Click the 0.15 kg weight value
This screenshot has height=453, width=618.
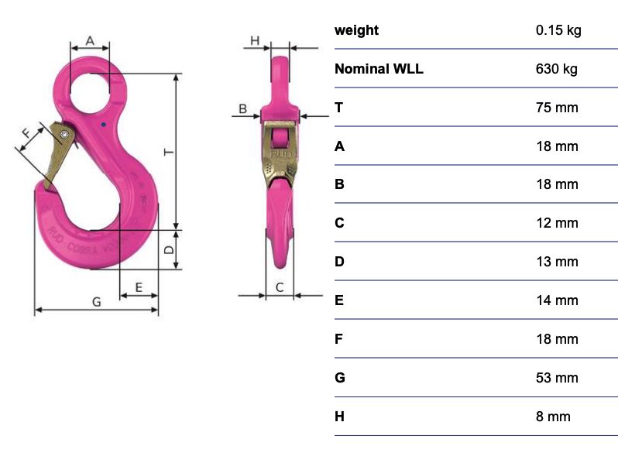point(558,30)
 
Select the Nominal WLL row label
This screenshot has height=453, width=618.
point(379,69)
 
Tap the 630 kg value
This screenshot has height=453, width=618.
point(556,69)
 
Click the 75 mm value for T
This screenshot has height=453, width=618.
point(557,108)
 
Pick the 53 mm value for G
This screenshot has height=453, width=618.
point(557,378)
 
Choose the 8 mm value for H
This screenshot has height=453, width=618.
point(553,417)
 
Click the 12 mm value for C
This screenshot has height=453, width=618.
point(557,223)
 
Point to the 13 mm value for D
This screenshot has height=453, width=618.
point(557,262)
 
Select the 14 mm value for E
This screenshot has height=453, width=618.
point(557,300)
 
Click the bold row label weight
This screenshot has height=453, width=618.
point(356,30)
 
